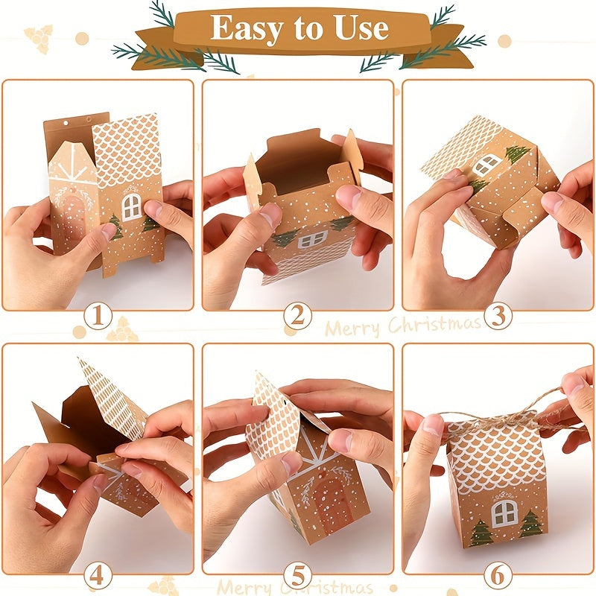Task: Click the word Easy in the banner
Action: click(x=247, y=29)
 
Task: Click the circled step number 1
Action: click(x=98, y=315)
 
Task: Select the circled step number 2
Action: click(x=297, y=315)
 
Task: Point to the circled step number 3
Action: click(x=498, y=315)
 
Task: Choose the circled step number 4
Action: click(x=98, y=576)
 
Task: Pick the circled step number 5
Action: click(x=297, y=576)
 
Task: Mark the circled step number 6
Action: click(x=498, y=576)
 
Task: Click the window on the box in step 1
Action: click(x=132, y=207)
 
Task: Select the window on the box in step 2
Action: click(x=312, y=239)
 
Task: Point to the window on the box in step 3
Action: click(x=487, y=164)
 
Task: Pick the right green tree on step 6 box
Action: click(x=531, y=524)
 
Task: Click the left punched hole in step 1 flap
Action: click(x=66, y=124)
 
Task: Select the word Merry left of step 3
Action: click(x=352, y=328)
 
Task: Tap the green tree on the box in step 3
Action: click(x=517, y=153)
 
